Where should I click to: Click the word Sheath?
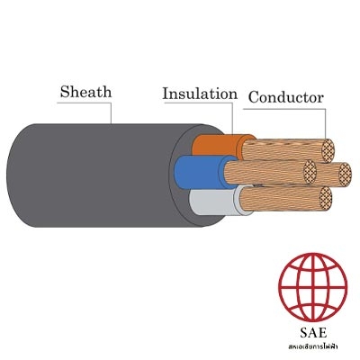point(85,92)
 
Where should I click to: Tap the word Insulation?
point(200,94)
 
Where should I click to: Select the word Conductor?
point(286,97)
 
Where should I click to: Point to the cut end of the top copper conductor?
point(328,151)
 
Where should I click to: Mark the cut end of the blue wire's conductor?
point(310,172)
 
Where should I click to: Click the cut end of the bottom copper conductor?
point(325,198)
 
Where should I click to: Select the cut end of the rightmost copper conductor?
point(345,175)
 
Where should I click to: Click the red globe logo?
point(313,287)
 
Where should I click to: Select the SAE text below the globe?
point(313,332)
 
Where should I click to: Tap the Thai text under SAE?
point(313,346)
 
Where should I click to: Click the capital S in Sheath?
point(64,92)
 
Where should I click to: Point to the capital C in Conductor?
point(254,98)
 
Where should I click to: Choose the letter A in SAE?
point(313,332)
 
